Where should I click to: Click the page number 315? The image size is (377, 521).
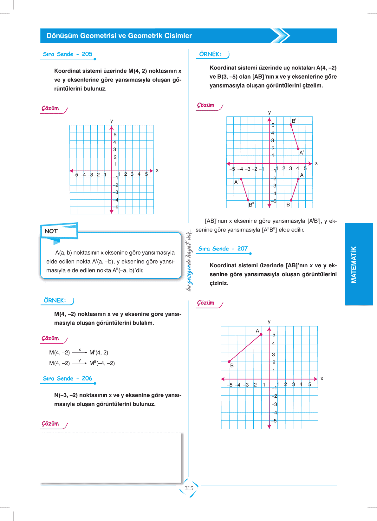189,488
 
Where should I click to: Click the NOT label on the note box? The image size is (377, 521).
51,231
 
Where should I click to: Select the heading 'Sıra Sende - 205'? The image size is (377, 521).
68,54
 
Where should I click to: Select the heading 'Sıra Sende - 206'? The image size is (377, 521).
68,378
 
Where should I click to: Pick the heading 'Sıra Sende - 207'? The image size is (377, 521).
223,249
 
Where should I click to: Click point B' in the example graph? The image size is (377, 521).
291,125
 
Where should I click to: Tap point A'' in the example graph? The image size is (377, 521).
241,179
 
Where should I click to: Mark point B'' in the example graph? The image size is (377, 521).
248,200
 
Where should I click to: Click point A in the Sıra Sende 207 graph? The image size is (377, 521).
261,335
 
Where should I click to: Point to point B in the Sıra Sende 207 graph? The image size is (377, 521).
229,361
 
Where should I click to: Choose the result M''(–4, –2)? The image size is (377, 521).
102,363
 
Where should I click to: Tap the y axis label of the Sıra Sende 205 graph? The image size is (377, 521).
112,121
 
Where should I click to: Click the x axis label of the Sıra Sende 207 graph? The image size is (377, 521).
322,379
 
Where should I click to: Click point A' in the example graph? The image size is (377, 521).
298,149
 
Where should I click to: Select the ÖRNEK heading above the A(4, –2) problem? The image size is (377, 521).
210,54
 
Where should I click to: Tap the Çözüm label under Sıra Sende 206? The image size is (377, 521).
50,424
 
